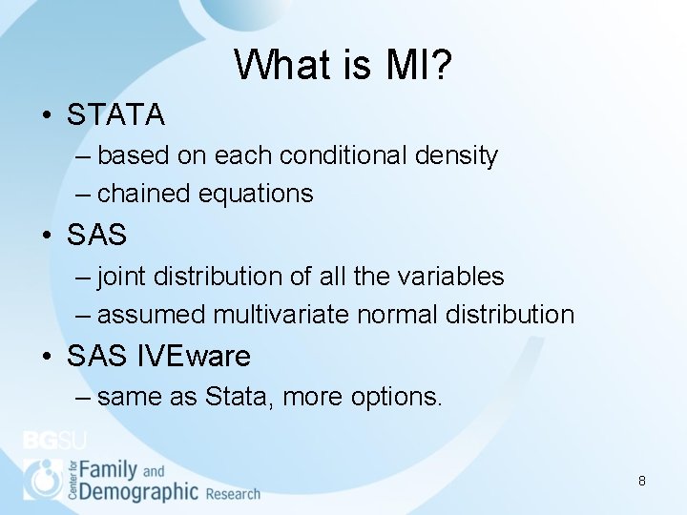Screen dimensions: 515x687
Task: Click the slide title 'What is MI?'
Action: point(343,65)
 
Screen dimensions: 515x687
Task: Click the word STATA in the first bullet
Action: point(116,115)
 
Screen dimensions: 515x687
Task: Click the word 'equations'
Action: point(256,194)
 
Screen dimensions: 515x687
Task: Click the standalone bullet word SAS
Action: point(96,235)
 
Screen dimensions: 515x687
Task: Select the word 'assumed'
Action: point(152,315)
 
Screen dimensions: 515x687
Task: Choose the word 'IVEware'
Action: point(194,357)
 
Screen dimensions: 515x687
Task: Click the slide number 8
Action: point(642,481)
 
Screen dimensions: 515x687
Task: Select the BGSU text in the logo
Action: point(54,442)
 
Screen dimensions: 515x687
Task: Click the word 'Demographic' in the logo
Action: point(138,491)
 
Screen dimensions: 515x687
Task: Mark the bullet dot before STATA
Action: point(46,116)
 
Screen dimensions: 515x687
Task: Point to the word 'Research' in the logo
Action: point(232,494)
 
